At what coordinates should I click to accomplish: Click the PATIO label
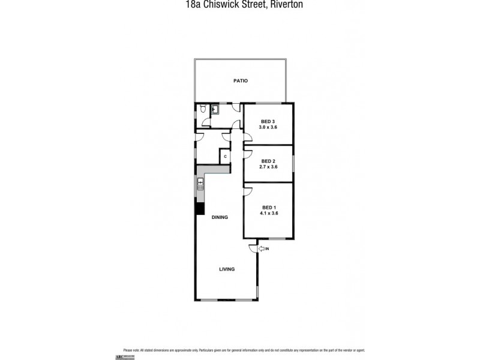click(x=241, y=80)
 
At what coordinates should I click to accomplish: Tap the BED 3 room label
click(x=268, y=121)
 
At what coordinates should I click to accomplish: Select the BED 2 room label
click(x=268, y=161)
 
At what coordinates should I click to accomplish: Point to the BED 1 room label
click(x=268, y=207)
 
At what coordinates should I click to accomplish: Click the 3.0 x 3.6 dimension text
click(x=268, y=127)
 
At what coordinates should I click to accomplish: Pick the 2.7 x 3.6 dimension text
click(x=268, y=167)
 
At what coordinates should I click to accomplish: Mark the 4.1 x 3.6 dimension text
click(x=268, y=213)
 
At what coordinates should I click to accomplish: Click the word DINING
click(x=220, y=217)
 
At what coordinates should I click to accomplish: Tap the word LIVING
click(x=226, y=269)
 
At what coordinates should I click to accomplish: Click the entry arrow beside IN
click(x=261, y=248)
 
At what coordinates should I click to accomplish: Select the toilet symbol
click(x=204, y=109)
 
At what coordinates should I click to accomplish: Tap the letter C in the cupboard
click(x=225, y=157)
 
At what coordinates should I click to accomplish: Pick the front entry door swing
click(x=253, y=248)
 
